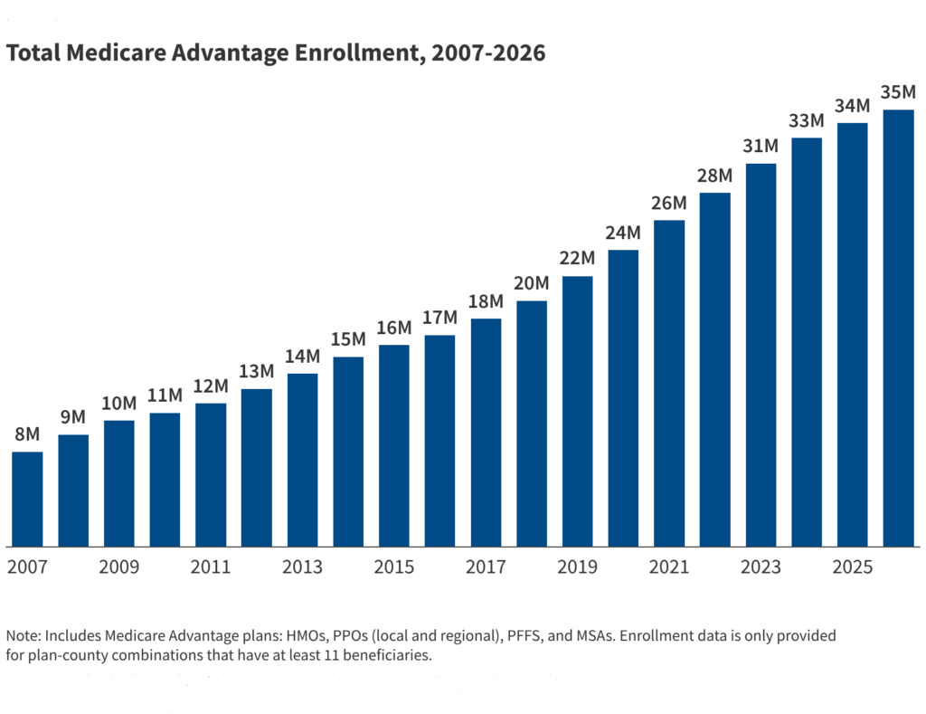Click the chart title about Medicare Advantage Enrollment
click(x=276, y=53)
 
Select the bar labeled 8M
click(x=27, y=500)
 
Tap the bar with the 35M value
click(x=898, y=328)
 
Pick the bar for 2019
click(x=577, y=412)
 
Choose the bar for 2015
click(x=393, y=446)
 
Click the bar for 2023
click(x=761, y=355)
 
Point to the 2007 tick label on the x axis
click(x=27, y=567)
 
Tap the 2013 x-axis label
click(x=302, y=567)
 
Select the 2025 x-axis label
click(x=852, y=567)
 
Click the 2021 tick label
click(x=668, y=567)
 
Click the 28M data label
click(x=714, y=176)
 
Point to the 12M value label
click(x=211, y=386)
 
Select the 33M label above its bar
click(x=806, y=121)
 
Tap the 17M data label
click(x=439, y=319)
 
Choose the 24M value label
click(x=623, y=233)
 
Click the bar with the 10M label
click(x=119, y=483)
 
